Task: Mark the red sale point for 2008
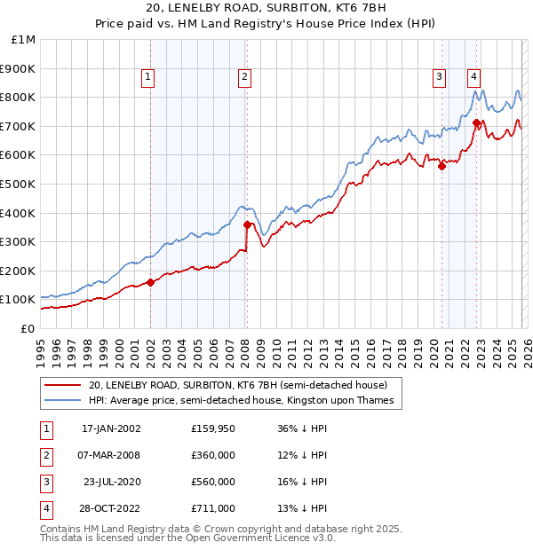(x=247, y=224)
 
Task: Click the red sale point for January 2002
(x=150, y=282)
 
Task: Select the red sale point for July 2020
(x=442, y=166)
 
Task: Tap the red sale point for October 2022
(x=477, y=122)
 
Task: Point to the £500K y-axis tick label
(x=18, y=184)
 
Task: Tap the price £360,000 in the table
(x=213, y=455)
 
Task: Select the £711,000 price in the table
(x=213, y=508)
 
